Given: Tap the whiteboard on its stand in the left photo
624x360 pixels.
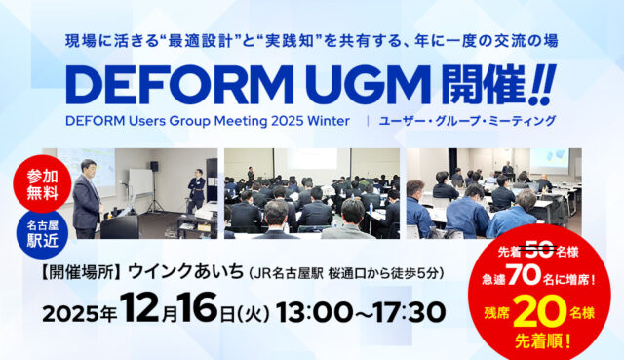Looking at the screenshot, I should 138,182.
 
